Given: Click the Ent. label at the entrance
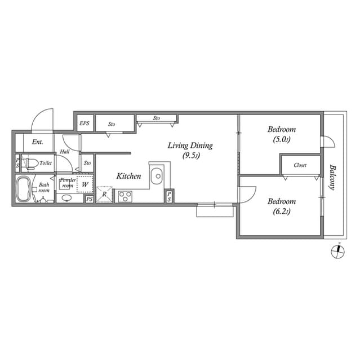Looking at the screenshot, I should pos(38,142).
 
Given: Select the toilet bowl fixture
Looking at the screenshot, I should pos(31,164).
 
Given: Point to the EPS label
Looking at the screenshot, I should pos(85,123).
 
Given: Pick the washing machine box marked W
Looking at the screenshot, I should pos(86,184).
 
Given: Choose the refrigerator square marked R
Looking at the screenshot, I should pos(104,195).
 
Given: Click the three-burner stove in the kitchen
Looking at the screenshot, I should pos(125,196).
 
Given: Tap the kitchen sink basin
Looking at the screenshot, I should pos(157,176).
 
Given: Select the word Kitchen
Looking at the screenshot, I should pos(128,177).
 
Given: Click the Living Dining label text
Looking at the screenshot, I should pos(190,146).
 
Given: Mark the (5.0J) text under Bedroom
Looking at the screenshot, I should pos(281,139).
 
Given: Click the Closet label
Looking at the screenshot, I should pos(300,166).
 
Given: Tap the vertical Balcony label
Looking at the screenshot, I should pos(332,177).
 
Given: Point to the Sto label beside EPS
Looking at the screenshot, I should pos(112,123).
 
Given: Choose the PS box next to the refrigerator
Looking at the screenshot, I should pos(89,199).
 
